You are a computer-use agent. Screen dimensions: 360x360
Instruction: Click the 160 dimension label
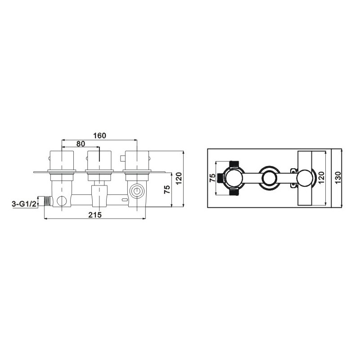pos(99,136)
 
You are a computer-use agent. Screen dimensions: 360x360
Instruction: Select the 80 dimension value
pos(81,144)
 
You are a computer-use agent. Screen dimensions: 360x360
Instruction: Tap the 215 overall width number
pos(95,215)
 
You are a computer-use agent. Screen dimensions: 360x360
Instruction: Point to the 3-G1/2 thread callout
pos(24,204)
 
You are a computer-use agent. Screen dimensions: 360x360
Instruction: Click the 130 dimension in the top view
pos(338,178)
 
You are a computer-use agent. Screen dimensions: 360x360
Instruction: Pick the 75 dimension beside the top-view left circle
pos(213,178)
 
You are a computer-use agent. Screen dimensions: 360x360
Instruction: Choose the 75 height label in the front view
pos(167,189)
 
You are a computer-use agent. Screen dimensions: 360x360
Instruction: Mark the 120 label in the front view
pos(179,178)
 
